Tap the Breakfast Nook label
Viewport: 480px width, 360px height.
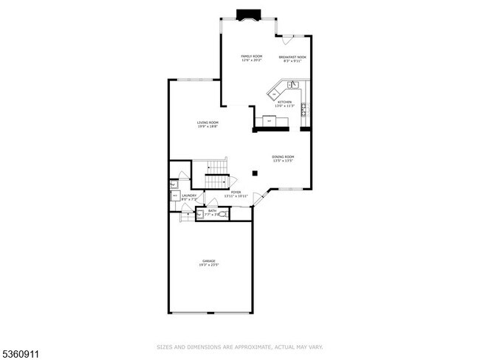coord(292,58)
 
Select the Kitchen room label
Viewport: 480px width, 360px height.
coord(285,104)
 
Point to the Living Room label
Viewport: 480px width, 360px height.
coord(208,124)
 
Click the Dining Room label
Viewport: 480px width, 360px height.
coord(283,159)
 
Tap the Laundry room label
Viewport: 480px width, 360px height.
coord(188,197)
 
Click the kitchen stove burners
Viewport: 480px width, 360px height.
coord(304,110)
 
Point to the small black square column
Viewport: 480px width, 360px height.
coord(254,173)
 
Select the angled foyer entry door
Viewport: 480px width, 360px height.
coord(258,198)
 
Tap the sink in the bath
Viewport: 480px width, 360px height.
coord(200,215)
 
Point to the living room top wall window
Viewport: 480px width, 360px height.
coord(194,80)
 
